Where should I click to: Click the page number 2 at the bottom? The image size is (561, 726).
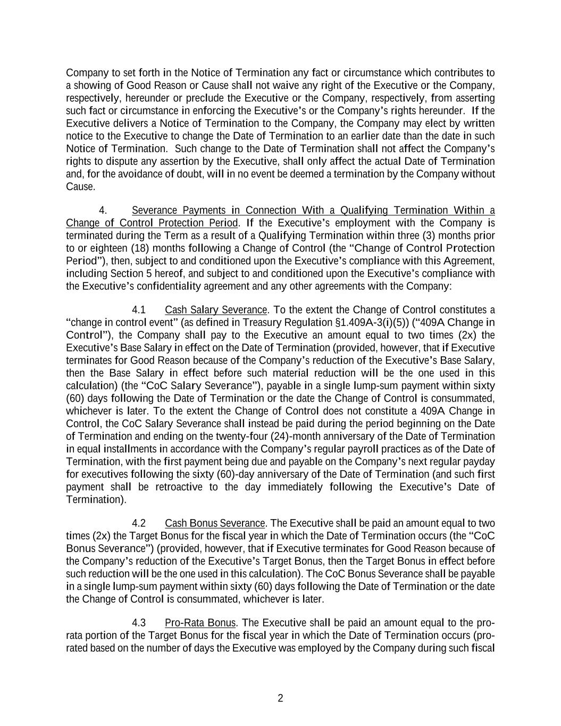pos(280,698)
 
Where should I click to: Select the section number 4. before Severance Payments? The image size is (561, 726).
pos(104,210)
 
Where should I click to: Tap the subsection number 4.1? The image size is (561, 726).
pos(139,310)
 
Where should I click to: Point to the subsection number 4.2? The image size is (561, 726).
pos(139,523)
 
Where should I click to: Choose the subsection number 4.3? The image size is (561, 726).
pos(139,622)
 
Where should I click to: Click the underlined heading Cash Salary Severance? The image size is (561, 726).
pos(216,310)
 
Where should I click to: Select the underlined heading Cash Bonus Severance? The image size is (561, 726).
pos(215,523)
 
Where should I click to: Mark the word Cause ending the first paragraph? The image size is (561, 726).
pos(80,187)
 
